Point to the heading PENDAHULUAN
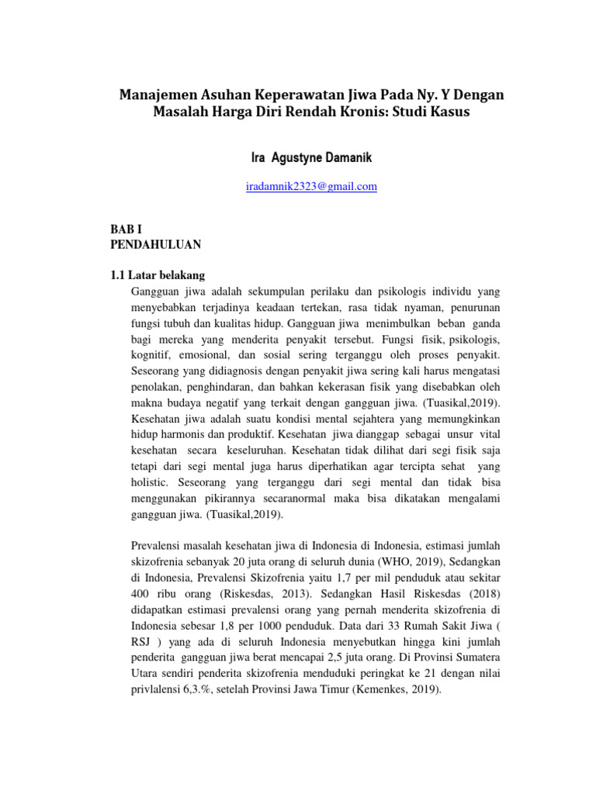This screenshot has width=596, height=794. point(157,244)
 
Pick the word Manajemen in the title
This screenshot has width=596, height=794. point(153,95)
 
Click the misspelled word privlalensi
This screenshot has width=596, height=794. point(158,688)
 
